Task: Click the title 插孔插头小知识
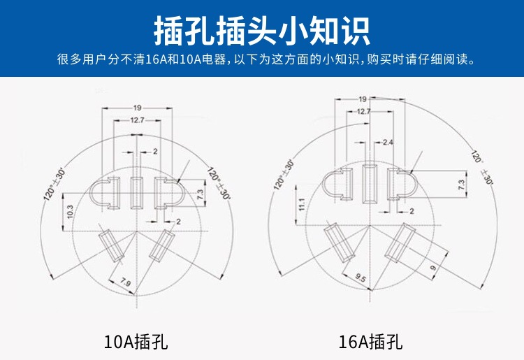click(262, 31)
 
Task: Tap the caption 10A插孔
click(136, 342)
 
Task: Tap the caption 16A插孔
click(370, 342)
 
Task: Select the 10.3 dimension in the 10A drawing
click(70, 212)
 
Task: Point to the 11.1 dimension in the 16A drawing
click(302, 204)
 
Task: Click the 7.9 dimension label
click(125, 282)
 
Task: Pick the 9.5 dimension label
click(361, 278)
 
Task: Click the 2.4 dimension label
click(388, 143)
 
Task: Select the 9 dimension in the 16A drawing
click(433, 268)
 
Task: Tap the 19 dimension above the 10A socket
click(138, 108)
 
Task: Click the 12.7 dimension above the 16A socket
click(363, 111)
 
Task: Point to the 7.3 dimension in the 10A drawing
click(200, 194)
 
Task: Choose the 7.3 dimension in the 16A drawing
click(461, 185)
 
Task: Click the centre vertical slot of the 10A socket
click(137, 193)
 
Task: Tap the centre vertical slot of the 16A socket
click(370, 183)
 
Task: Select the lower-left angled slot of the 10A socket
click(111, 246)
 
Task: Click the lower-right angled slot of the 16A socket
click(400, 243)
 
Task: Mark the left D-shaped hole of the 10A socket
click(105, 193)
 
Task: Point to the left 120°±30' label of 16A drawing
click(284, 174)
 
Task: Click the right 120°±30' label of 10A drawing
click(219, 183)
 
